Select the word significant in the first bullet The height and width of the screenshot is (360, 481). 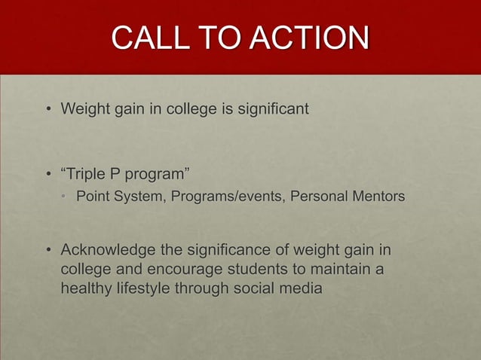(x=272, y=110)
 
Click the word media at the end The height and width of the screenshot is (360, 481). (x=299, y=288)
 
